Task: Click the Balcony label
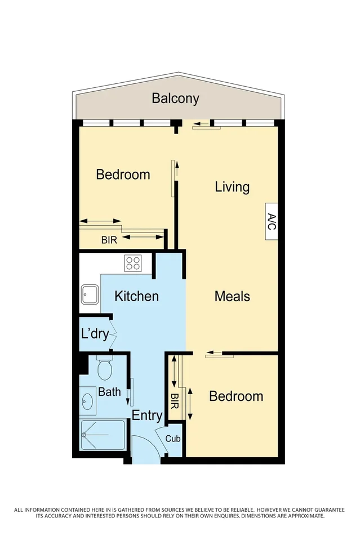(175, 99)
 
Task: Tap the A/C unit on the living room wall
(271, 221)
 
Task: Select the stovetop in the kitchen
(133, 263)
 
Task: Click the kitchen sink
(90, 293)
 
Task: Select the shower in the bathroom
(102, 435)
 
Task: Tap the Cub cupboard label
(173, 438)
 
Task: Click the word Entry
(147, 416)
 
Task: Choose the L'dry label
(95, 334)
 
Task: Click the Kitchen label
(136, 296)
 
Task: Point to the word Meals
(232, 296)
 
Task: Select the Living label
(232, 187)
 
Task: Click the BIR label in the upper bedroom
(109, 240)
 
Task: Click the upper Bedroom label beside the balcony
(123, 175)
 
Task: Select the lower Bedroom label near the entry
(235, 396)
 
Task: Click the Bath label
(109, 391)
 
